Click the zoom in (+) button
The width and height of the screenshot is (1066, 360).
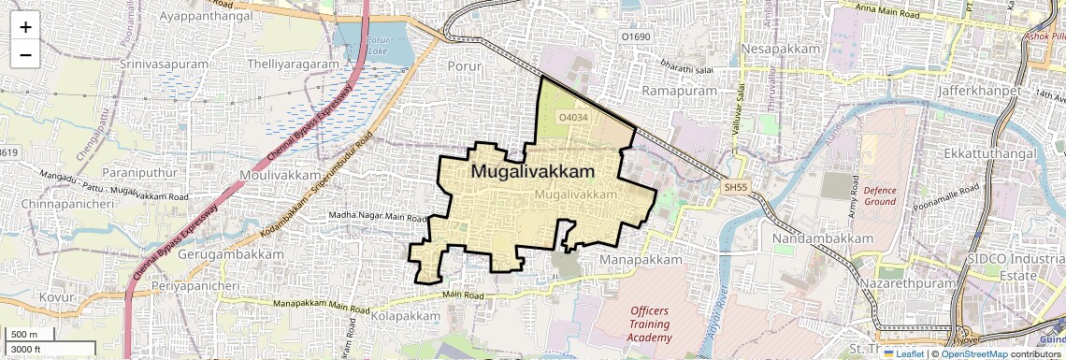(x=25, y=26)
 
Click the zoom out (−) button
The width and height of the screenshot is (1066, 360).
(x=25, y=54)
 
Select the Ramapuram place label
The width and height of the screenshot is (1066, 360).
(x=679, y=90)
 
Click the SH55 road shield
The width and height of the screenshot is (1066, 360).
(x=736, y=188)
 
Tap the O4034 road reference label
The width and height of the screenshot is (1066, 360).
(x=572, y=118)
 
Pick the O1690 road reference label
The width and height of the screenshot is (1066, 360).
(x=636, y=36)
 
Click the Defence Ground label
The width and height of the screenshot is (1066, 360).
(x=879, y=194)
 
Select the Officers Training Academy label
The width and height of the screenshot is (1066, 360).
(x=650, y=324)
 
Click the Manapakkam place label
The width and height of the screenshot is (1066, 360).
(x=637, y=257)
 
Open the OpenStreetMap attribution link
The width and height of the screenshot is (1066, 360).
(x=973, y=353)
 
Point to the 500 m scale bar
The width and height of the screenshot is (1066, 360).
(x=25, y=335)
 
